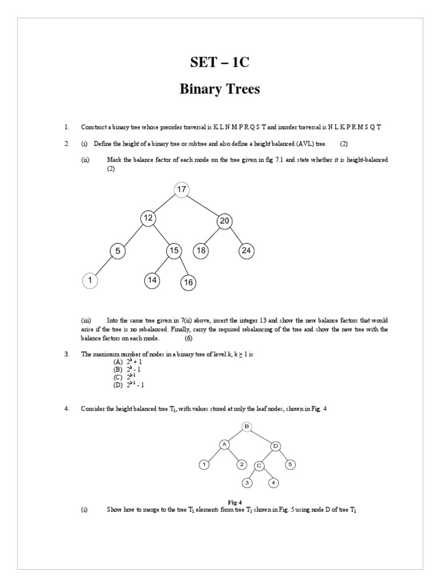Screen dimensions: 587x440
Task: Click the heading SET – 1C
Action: tap(220, 63)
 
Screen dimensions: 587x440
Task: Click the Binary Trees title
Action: tap(220, 89)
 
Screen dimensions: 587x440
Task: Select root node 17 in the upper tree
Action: tap(182, 190)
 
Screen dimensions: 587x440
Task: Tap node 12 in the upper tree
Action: tap(148, 218)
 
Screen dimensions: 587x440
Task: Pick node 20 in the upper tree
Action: tap(224, 221)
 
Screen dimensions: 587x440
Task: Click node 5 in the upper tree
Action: tap(117, 251)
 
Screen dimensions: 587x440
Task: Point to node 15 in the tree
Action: tap(174, 251)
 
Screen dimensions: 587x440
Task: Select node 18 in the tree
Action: tap(201, 251)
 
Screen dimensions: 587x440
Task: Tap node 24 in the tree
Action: tap(247, 251)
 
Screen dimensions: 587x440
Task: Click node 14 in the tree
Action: tap(152, 280)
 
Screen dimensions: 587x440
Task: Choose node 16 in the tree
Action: tap(188, 282)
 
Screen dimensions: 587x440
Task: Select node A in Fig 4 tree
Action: tap(225, 444)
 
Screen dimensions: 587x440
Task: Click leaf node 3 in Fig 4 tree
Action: tap(247, 483)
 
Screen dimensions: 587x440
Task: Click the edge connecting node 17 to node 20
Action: tap(203, 206)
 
